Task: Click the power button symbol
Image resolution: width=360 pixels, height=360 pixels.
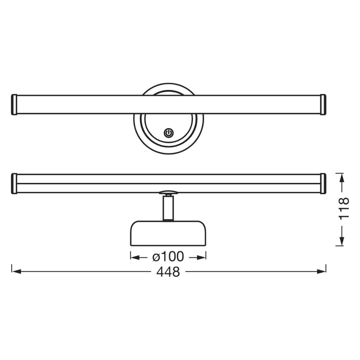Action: (x=168, y=133)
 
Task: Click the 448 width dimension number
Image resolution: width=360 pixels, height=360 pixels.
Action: (x=168, y=272)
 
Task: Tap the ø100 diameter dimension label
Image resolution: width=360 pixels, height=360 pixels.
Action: (x=168, y=257)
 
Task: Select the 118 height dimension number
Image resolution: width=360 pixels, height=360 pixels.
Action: (x=343, y=209)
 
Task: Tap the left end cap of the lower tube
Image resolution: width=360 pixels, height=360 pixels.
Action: (x=14, y=183)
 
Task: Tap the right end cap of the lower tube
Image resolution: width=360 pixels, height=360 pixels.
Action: (x=323, y=183)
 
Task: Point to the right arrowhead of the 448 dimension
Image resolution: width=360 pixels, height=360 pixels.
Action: (x=322, y=272)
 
